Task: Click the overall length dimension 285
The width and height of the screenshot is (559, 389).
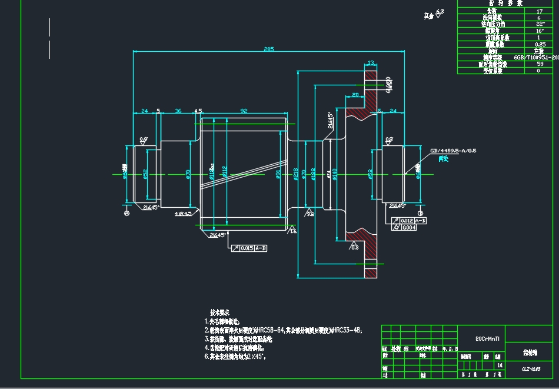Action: tap(269, 49)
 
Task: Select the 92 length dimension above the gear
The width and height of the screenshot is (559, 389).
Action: tap(244, 110)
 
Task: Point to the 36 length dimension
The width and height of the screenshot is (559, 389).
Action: tap(178, 110)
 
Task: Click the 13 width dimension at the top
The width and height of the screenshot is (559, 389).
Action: tap(371, 62)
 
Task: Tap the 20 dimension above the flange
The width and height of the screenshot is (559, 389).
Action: tap(355, 94)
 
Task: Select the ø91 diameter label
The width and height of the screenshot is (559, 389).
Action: tap(278, 175)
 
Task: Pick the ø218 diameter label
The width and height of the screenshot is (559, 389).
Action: tap(295, 174)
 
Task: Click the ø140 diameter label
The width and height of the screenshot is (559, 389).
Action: tap(335, 174)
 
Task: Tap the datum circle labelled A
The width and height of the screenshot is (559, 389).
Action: tap(127, 214)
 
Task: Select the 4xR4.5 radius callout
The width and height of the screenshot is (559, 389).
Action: tap(182, 214)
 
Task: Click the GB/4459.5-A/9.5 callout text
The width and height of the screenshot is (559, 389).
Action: tap(452, 151)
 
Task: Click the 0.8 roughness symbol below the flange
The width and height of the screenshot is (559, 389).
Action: tap(354, 246)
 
